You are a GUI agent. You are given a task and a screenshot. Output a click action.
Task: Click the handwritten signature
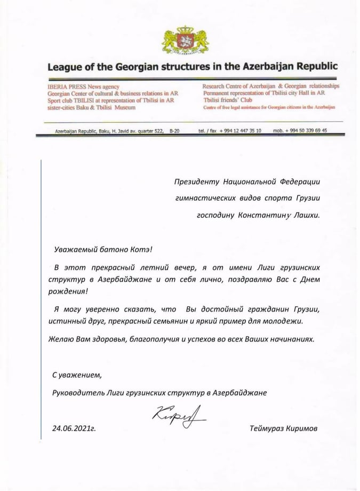point(173,414)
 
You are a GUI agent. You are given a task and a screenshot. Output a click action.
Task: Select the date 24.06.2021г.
point(75,427)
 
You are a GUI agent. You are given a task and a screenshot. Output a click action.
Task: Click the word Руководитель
point(77,392)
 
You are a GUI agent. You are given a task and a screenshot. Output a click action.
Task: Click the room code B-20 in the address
point(174,131)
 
